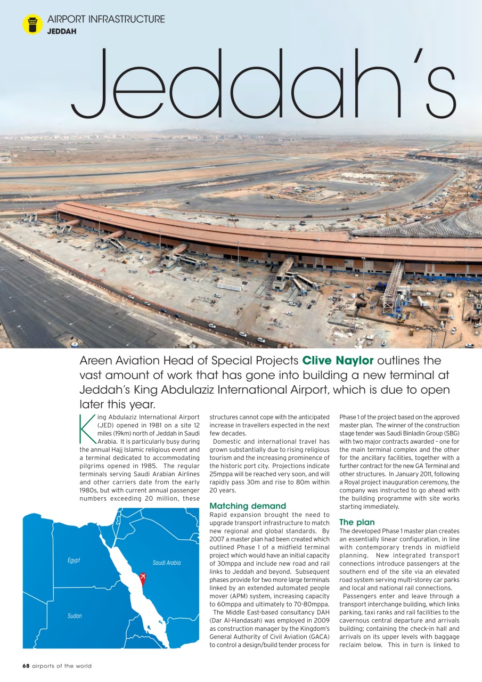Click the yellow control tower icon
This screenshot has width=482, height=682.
pyautogui.click(x=32, y=25)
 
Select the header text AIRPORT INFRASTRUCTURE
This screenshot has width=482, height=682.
pyautogui.click(x=106, y=19)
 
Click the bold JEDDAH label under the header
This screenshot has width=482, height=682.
pyautogui.click(x=62, y=31)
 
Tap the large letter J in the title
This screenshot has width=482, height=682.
pyautogui.click(x=91, y=85)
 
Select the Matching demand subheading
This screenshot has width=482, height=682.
pyautogui.click(x=248, y=506)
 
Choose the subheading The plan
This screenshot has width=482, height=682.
pyautogui.click(x=357, y=522)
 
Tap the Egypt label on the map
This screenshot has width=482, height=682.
pyautogui.click(x=73, y=561)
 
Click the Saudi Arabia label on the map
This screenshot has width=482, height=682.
pyautogui.click(x=167, y=563)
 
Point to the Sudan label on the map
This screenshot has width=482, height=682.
pyautogui.click(x=75, y=616)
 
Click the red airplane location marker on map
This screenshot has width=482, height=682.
pyautogui.click(x=142, y=578)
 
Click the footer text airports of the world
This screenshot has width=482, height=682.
pyautogui.click(x=61, y=666)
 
